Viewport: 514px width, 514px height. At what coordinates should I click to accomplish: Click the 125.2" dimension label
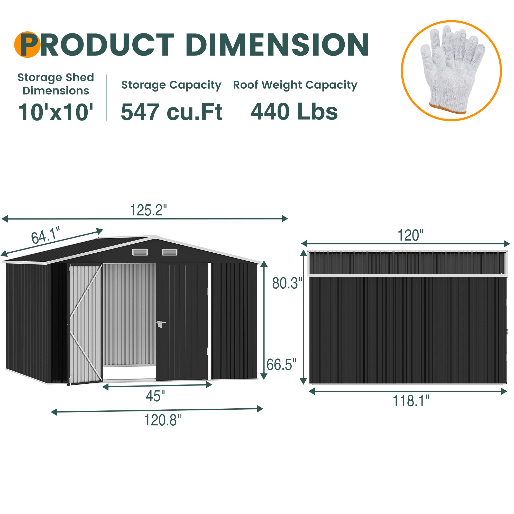pos(148,210)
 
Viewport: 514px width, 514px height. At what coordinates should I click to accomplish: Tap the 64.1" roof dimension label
pos(45,235)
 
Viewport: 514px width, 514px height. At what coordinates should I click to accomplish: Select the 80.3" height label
pos(287,283)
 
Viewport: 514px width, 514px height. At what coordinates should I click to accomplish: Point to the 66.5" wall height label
pos(281,365)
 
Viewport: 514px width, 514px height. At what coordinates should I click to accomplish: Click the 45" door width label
pos(155,396)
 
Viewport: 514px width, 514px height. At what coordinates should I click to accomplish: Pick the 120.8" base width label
pos(162,420)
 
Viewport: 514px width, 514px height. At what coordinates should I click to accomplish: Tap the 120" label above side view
pos(410,236)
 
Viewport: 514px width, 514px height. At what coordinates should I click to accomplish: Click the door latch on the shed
pos(160,324)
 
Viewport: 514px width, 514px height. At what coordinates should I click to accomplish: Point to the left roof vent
pos(140,252)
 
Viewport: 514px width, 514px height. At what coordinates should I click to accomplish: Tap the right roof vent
pos(170,252)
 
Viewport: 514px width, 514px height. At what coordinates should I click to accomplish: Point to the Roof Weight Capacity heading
pos(295,85)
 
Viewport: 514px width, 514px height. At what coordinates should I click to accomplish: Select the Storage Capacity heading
pos(171,85)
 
